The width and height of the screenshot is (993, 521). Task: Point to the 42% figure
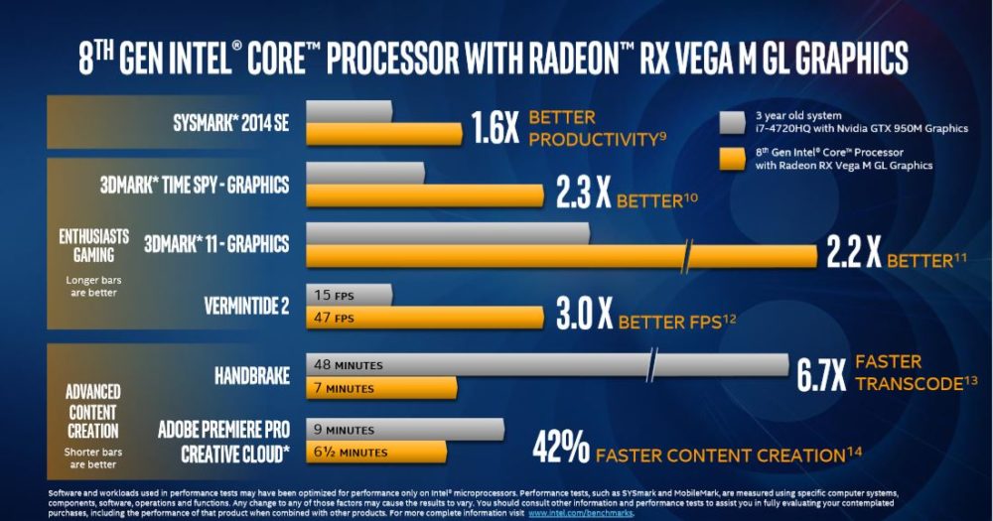click(x=561, y=448)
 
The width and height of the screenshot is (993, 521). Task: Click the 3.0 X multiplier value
click(x=584, y=316)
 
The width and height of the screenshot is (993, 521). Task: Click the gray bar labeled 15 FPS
click(x=351, y=295)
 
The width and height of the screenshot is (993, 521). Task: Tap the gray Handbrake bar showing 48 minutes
click(x=477, y=364)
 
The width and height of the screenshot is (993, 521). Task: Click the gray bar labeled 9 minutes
click(x=405, y=430)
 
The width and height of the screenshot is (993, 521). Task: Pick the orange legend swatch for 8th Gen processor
click(x=732, y=159)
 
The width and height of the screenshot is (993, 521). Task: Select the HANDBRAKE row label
click(x=252, y=376)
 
